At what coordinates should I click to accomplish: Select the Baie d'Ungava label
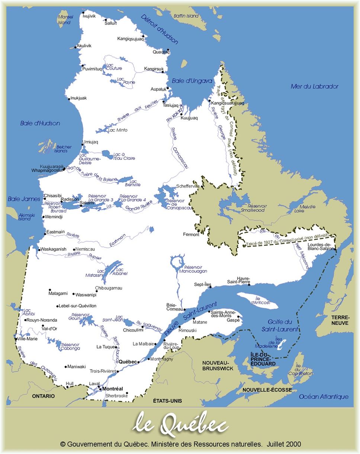192,81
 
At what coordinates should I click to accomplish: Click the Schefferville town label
188,186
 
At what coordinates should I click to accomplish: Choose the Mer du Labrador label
314,87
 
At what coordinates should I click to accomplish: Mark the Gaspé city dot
238,317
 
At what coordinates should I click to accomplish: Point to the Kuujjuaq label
189,118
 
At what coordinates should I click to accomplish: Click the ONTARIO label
44,396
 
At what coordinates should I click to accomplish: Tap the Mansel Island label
65,20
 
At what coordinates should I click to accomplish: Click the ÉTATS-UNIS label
167,401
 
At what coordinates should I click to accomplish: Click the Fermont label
191,234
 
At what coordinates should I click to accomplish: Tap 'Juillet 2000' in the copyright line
284,444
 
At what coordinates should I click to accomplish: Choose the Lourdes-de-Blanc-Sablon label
319,247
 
